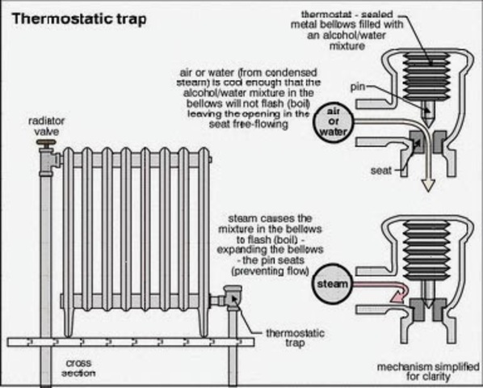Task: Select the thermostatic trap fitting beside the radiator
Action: click(x=231, y=301)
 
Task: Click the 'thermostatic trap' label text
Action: click(x=287, y=338)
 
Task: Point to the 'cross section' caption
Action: click(x=78, y=368)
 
